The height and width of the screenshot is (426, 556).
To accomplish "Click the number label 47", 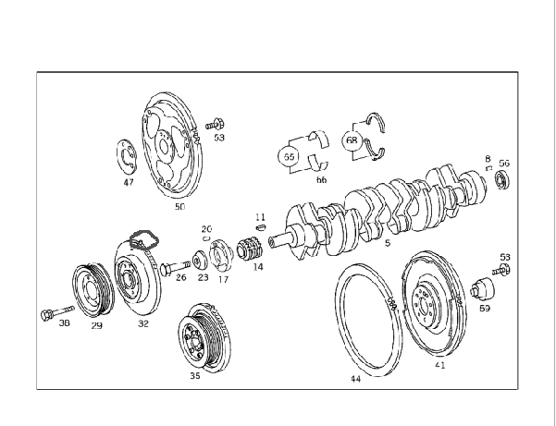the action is coord(129,182).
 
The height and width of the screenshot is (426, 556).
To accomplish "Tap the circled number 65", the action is coord(289,156).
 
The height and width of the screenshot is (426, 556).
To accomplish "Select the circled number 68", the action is coord(352,140).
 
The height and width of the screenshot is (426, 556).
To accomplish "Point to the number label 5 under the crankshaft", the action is coord(388,243).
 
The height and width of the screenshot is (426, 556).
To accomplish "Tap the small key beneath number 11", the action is coord(260,227).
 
